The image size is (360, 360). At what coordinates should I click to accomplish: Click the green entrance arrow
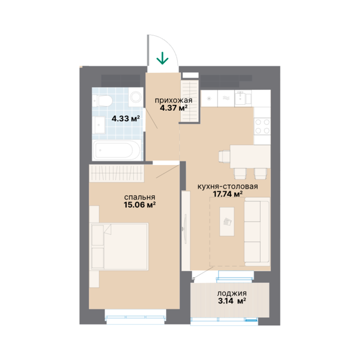(162, 58)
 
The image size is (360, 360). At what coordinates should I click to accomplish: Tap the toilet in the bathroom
(102, 101)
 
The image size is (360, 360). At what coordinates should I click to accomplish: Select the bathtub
(117, 150)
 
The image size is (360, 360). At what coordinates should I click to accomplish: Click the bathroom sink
(99, 125)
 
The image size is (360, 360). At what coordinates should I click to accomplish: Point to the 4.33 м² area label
(126, 119)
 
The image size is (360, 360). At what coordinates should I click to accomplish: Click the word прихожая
(173, 101)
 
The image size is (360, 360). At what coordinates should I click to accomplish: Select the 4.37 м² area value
(173, 108)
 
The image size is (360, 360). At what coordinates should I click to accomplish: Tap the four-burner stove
(262, 126)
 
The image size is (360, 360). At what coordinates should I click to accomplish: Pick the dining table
(250, 157)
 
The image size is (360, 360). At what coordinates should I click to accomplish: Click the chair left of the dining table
(225, 157)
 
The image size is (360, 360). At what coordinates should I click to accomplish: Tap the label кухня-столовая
(227, 187)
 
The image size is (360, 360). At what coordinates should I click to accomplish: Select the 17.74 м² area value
(227, 194)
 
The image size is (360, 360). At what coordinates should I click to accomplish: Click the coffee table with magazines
(227, 222)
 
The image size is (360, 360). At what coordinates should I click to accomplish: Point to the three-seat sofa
(257, 232)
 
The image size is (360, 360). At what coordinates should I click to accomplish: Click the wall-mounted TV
(185, 228)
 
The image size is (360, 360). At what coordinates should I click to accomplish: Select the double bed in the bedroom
(120, 247)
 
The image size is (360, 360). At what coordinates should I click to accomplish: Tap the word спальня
(140, 197)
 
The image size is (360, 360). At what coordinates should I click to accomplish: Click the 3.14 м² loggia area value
(232, 300)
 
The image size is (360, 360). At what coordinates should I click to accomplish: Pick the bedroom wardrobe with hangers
(117, 173)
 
